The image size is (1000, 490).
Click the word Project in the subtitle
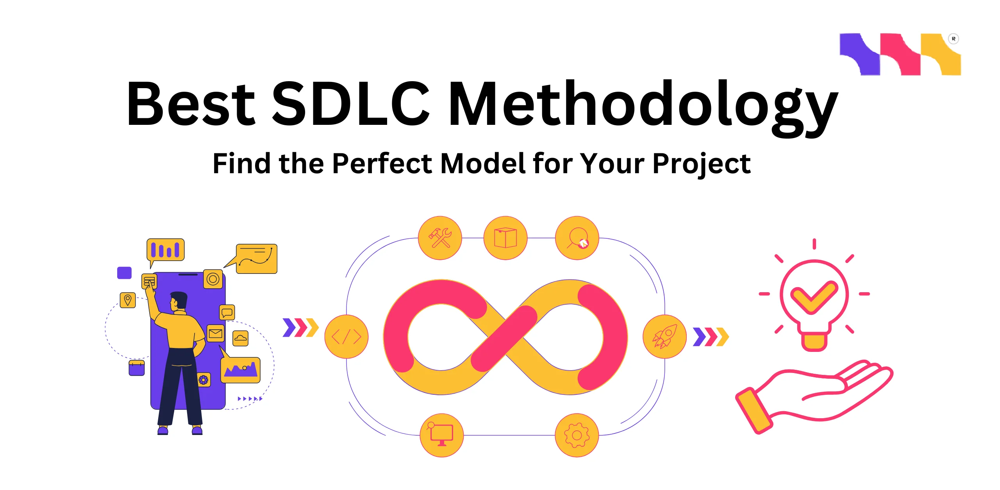click(x=701, y=164)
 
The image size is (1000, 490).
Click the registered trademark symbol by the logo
click(x=953, y=39)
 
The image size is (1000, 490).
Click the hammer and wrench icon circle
click(x=440, y=238)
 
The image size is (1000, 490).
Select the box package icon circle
click(x=505, y=238)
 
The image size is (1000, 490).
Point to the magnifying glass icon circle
click(x=577, y=238)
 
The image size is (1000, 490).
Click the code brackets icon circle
click(x=346, y=336)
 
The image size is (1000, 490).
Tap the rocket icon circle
click(x=664, y=336)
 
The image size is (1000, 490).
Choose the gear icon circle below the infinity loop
click(x=577, y=435)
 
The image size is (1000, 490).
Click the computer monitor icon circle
click(x=441, y=435)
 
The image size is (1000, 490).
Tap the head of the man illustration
click(x=179, y=301)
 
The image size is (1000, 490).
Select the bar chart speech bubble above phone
click(x=165, y=250)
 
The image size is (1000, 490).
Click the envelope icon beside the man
click(x=215, y=333)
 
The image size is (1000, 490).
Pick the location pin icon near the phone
click(x=127, y=300)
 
